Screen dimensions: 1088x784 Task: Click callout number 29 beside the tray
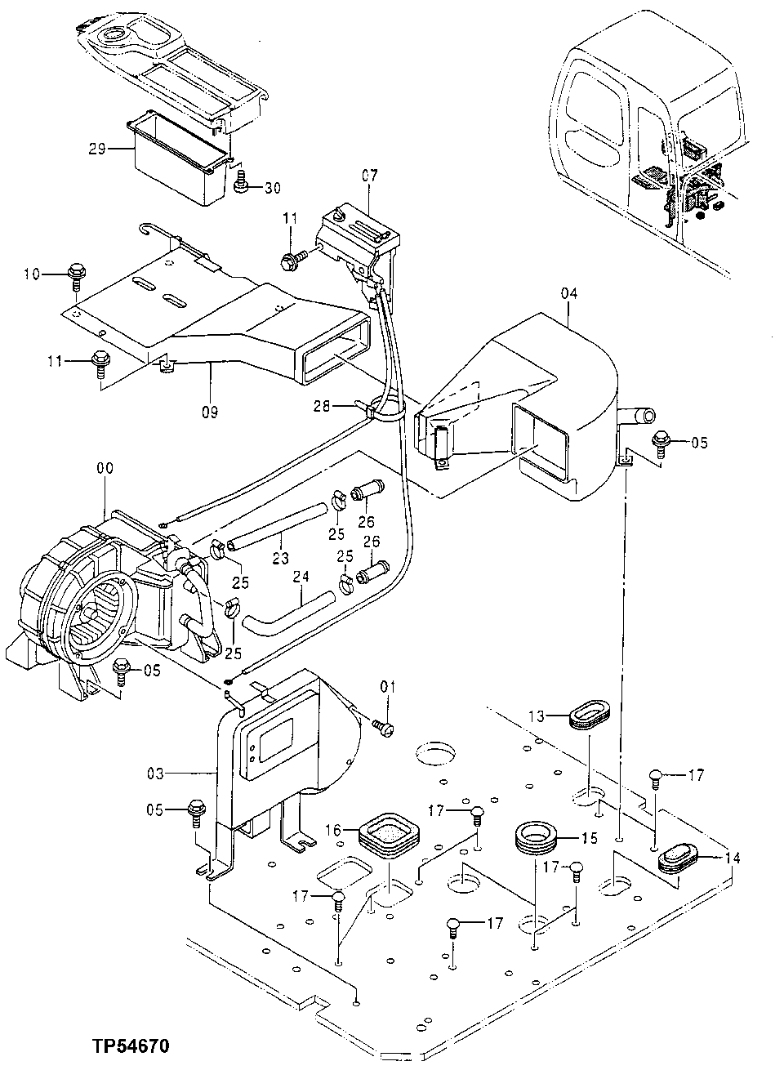pyautogui.click(x=97, y=149)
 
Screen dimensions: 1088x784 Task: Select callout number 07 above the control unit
pyautogui.click(x=370, y=176)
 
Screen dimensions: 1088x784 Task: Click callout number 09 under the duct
pyautogui.click(x=210, y=412)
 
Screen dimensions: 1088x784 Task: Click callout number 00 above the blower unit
pyautogui.click(x=105, y=468)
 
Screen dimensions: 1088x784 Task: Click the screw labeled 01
pyautogui.click(x=381, y=725)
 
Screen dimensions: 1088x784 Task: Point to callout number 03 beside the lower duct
pyautogui.click(x=180, y=772)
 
